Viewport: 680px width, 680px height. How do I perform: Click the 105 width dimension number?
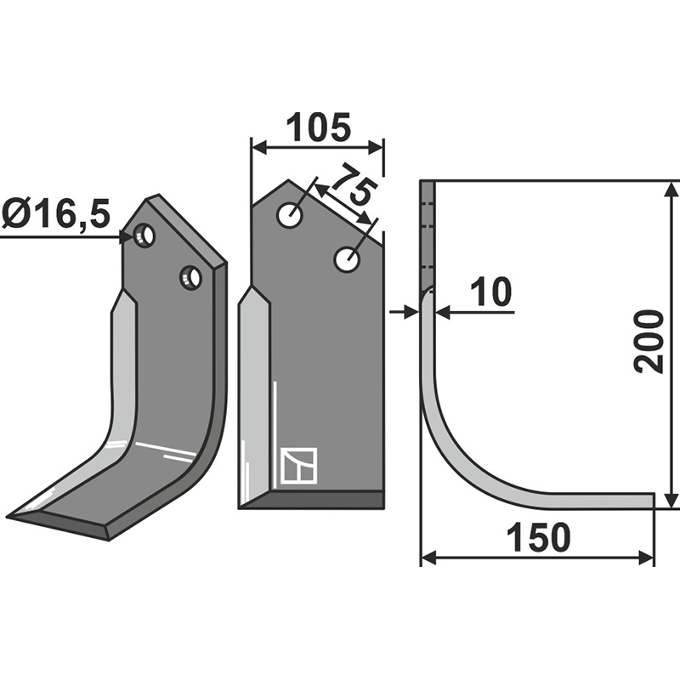pyautogui.click(x=316, y=127)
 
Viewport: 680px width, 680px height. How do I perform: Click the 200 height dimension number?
pyautogui.click(x=650, y=341)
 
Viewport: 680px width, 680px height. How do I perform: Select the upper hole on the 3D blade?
pyautogui.click(x=145, y=235)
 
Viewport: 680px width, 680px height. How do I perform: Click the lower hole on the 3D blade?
pyautogui.click(x=190, y=277)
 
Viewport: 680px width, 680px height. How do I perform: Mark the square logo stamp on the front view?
pyautogui.click(x=298, y=466)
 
